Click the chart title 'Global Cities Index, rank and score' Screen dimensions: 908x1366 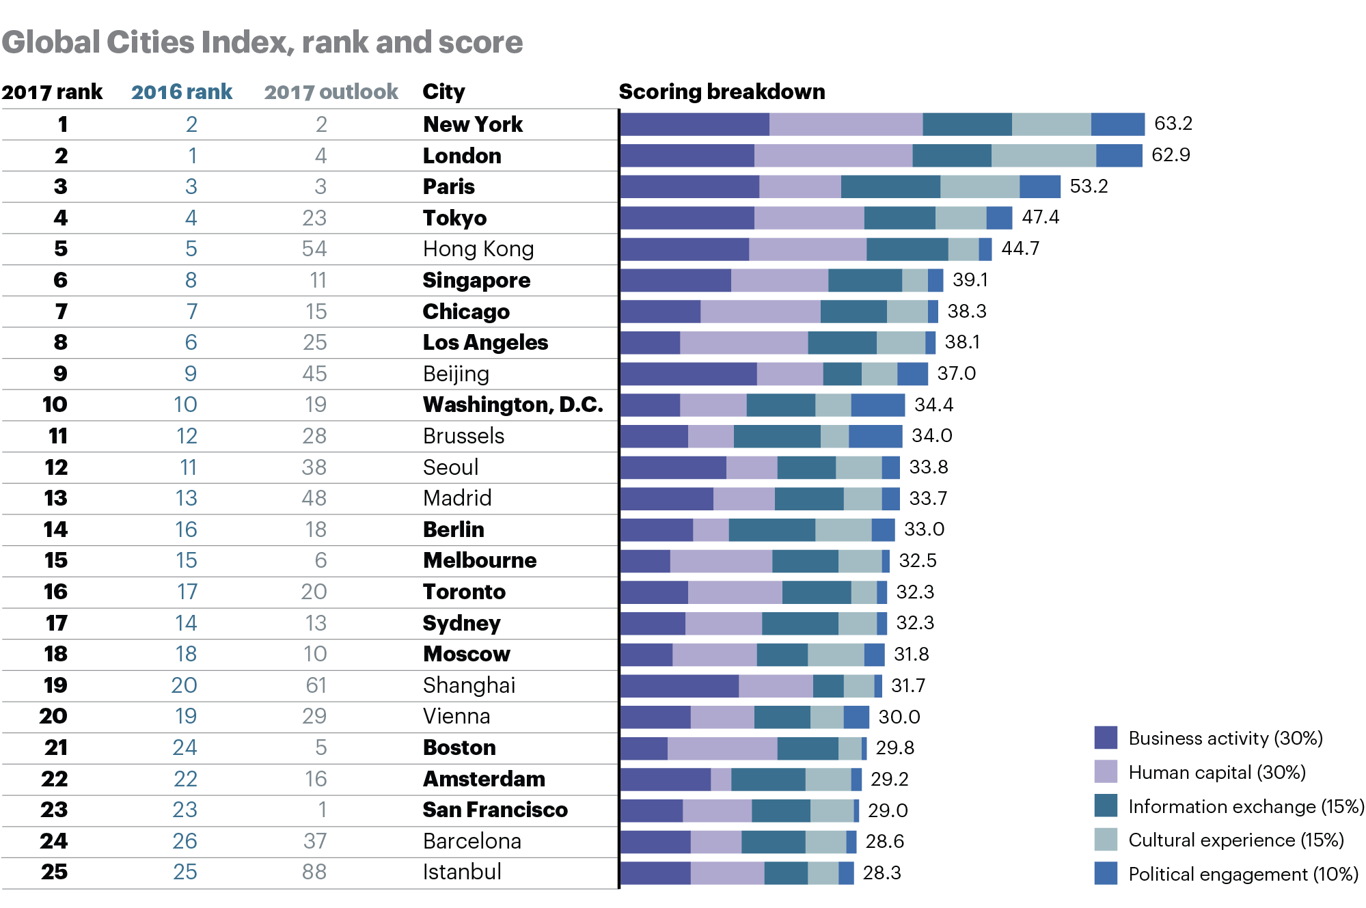[x=262, y=42]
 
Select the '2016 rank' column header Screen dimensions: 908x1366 [x=182, y=92]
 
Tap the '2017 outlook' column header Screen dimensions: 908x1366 [x=331, y=92]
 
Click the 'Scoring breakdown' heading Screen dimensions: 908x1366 [x=722, y=92]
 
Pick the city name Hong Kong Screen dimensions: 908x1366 [x=478, y=249]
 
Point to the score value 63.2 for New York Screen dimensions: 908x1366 [x=1173, y=124]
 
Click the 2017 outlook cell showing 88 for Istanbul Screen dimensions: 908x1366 [x=314, y=872]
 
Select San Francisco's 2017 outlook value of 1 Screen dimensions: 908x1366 [x=322, y=810]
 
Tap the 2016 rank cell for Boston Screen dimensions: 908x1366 [x=185, y=747]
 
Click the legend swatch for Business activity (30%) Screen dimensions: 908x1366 [x=1105, y=738]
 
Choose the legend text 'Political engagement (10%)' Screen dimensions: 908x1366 [x=1243, y=874]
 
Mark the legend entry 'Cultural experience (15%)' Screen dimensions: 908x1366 [x=1235, y=840]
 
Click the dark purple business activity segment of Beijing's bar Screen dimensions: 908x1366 [x=688, y=374]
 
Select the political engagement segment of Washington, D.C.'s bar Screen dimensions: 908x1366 [x=877, y=405]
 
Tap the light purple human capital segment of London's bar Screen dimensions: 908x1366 [x=832, y=155]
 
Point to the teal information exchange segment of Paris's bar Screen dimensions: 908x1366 [x=890, y=187]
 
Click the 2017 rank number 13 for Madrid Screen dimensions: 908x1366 [x=56, y=498]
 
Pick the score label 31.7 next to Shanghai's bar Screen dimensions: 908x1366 [x=907, y=685]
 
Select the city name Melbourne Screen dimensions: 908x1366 [x=479, y=560]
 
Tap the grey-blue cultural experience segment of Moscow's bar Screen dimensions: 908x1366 [x=835, y=655]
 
